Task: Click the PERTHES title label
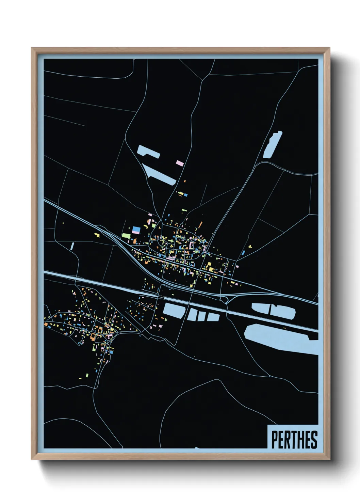pyautogui.click(x=294, y=440)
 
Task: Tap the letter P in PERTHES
pyautogui.click(x=275, y=440)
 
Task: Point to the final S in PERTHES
pyautogui.click(x=314, y=440)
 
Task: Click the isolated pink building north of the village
pyautogui.click(x=180, y=163)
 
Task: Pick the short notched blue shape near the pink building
pyautogui.click(x=148, y=151)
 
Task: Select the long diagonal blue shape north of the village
pyautogui.click(x=159, y=175)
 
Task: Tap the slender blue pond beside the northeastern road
pyautogui.click(x=273, y=145)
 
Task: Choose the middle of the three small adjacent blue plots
pyautogui.click(x=202, y=316)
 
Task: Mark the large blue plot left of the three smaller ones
pyautogui.click(x=174, y=310)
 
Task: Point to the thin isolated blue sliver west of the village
pyautogui.click(x=72, y=246)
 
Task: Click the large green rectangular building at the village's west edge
pyautogui.click(x=126, y=235)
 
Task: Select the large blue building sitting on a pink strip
pyautogui.click(x=136, y=230)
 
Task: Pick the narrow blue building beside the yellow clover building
pyautogui.click(x=243, y=253)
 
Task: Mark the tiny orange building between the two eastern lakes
pyautogui.click(x=284, y=328)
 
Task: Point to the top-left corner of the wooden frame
pyautogui.click(x=32, y=48)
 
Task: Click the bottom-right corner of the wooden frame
pyautogui.click(x=329, y=459)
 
